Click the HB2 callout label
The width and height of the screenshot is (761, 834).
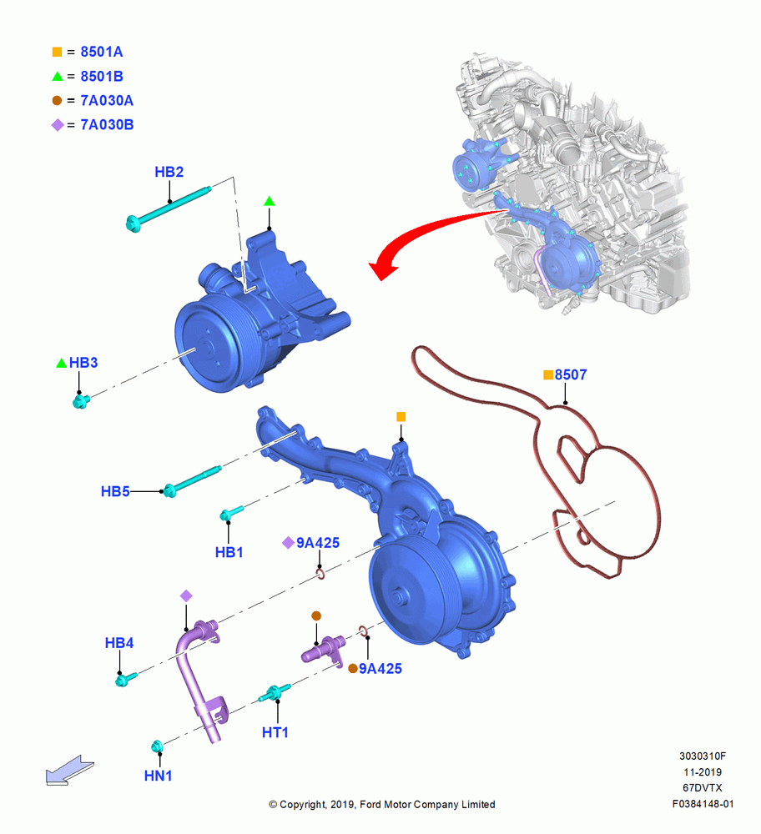169,172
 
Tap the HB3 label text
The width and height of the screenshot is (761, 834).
83,363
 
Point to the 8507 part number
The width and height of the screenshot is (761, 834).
571,375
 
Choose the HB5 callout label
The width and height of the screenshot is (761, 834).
115,491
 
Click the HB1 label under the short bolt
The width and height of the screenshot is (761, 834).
229,553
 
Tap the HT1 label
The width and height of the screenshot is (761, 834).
275,733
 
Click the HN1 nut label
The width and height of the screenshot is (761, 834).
158,776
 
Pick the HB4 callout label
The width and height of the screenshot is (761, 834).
119,643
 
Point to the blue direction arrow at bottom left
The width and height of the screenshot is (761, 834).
70,770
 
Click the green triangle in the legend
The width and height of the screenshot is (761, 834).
58,76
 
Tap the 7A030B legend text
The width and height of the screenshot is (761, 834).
107,125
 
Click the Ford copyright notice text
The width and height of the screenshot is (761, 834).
382,804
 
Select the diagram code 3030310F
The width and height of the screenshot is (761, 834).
703,756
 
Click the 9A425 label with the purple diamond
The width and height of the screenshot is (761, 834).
318,543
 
